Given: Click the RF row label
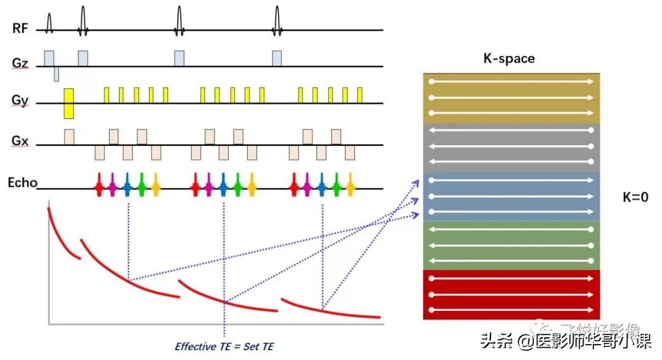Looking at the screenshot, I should tap(19, 28).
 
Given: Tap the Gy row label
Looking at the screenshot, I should tap(20, 101).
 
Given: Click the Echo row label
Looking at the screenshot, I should tap(23, 182).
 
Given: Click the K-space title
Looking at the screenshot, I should tap(509, 59).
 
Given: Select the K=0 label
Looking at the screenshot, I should tap(634, 197).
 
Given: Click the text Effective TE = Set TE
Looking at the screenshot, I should tap(224, 347).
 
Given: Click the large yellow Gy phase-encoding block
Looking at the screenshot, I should tap(69, 103).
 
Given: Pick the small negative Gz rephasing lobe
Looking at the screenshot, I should tap(56, 74).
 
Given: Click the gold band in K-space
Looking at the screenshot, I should tap(511, 98).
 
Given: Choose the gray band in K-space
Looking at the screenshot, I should tap(511, 147).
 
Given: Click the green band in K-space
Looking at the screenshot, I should tap(511, 245).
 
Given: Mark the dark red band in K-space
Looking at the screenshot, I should tap(511, 294).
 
